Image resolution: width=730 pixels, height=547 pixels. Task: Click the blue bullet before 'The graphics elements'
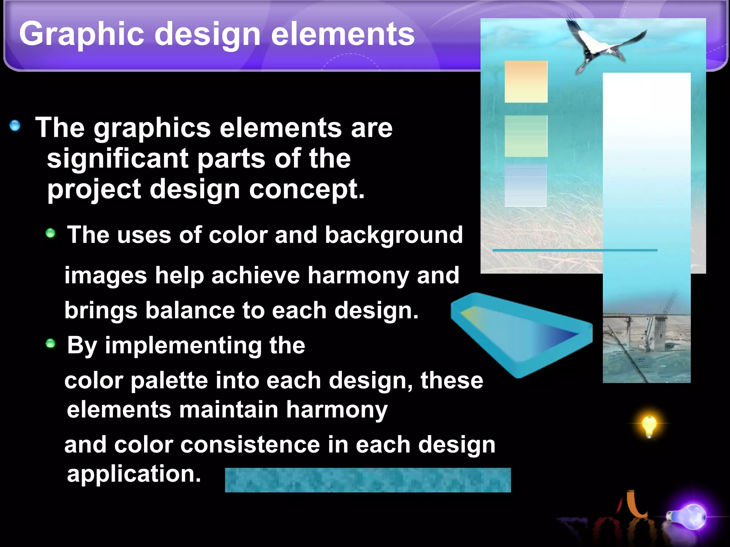(15, 125)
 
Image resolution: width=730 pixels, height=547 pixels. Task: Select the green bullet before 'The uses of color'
(51, 233)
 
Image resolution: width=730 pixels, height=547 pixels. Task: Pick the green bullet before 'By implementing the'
(51, 343)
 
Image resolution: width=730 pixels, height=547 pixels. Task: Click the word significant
(118, 159)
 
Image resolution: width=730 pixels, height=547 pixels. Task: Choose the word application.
(134, 474)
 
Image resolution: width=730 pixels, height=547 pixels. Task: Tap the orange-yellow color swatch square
(526, 82)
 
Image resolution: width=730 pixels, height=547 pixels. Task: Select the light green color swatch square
(526, 136)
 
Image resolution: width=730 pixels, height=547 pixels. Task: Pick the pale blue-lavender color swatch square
(525, 185)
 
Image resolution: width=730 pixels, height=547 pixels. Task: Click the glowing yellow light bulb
(649, 425)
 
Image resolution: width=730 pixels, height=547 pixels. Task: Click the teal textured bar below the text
(367, 480)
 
